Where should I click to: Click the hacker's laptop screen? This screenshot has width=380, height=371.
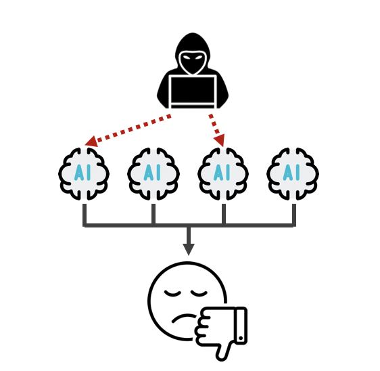[x=193, y=90]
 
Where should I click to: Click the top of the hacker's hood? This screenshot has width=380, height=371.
[x=193, y=34]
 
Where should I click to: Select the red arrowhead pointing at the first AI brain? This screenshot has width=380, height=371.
[x=91, y=141]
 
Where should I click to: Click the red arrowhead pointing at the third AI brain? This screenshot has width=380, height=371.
[x=220, y=140]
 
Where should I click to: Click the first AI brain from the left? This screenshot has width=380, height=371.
[x=84, y=174]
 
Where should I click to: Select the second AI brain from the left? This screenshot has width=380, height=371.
[x=153, y=174]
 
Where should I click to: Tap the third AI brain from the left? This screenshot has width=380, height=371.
[x=223, y=174]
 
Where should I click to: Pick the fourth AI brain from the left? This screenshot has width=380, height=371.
[x=293, y=174]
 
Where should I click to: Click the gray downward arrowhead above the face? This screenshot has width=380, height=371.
[x=189, y=249]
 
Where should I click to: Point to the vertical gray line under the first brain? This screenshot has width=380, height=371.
[x=85, y=215]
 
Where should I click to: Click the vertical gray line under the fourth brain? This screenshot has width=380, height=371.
[x=294, y=215]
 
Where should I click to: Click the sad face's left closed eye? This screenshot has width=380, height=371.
[x=172, y=293]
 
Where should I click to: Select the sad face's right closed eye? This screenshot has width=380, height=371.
[x=199, y=293]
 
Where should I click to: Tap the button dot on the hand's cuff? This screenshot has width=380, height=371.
[x=241, y=338]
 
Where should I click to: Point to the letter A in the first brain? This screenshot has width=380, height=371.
[x=79, y=172]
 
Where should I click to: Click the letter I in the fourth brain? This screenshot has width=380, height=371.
[x=298, y=172]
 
